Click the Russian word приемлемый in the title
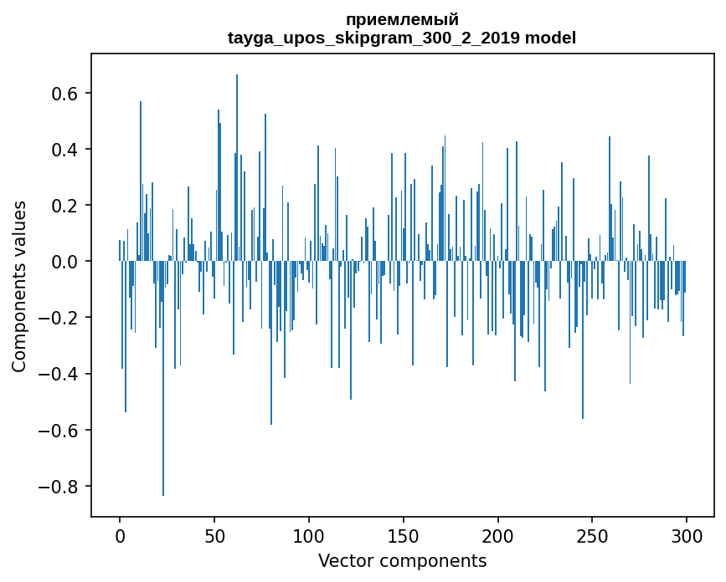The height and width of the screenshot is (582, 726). (x=402, y=20)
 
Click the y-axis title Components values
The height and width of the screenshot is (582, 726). (x=19, y=286)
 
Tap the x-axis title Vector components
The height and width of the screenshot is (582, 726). (x=402, y=560)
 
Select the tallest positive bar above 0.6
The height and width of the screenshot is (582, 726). (x=237, y=167)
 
